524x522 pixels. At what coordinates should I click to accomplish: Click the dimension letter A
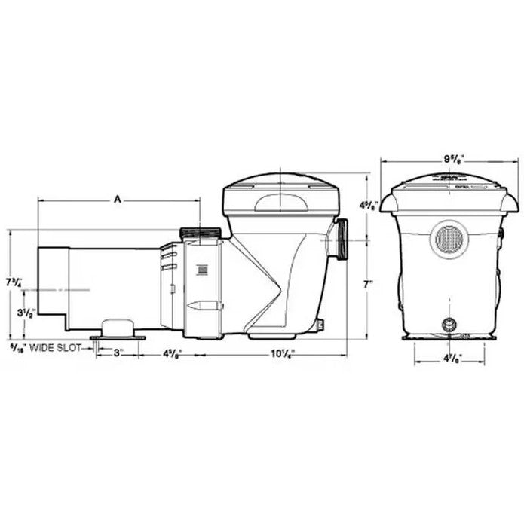tap(118, 199)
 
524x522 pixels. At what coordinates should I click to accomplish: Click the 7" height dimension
tap(367, 285)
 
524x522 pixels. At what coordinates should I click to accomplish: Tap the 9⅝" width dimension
tap(450, 160)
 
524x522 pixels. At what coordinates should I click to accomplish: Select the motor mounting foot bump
tap(118, 326)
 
